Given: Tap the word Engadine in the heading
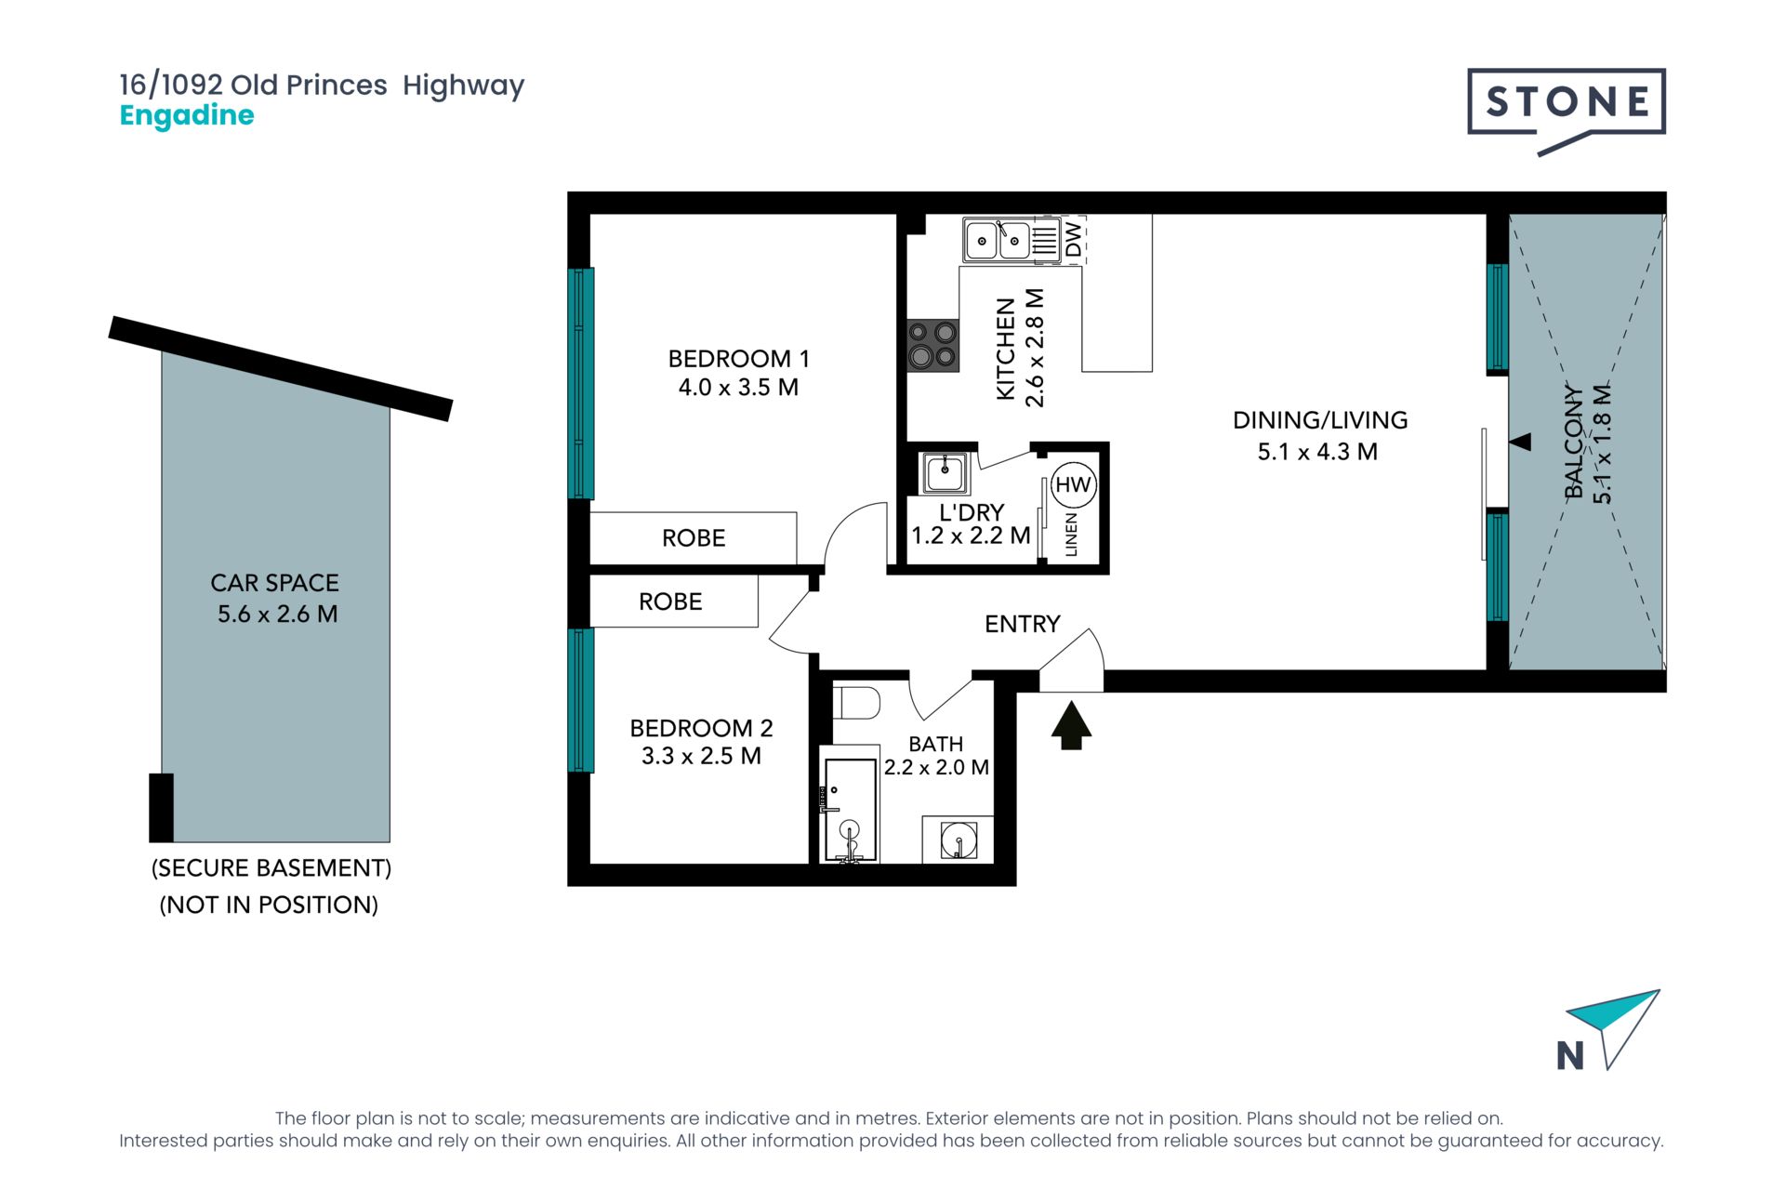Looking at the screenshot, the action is (187, 115).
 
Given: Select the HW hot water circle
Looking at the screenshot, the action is (1073, 484).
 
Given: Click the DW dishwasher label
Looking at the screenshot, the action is (1074, 239).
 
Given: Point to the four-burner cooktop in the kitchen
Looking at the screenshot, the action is (932, 345).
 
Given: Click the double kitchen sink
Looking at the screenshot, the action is (998, 241).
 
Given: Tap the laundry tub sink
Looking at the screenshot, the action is (945, 472).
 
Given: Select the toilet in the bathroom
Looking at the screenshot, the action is (855, 703).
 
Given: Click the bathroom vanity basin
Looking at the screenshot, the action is (958, 840).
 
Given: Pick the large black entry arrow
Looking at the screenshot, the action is (1071, 725).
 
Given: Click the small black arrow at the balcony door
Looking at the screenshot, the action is (1520, 442).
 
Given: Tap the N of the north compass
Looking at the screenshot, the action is (1570, 1055).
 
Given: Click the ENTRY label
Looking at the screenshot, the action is (1023, 624).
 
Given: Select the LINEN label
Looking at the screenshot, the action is (1071, 535).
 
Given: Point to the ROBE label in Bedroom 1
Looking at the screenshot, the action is (694, 538).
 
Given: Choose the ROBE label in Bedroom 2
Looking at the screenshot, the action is (670, 602).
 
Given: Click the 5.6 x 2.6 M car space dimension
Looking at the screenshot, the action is (277, 614).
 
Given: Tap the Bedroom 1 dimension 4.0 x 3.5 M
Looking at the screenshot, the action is (738, 388).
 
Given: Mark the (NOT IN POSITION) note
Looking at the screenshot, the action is (269, 905).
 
